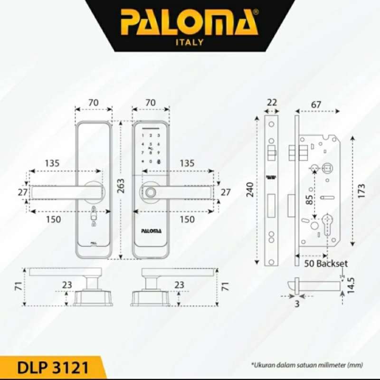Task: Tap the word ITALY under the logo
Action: coord(189,42)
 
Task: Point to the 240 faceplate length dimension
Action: coord(251,189)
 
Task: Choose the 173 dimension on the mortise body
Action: coord(361,189)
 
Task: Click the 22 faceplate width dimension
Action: coord(271,102)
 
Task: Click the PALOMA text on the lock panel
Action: coord(151,231)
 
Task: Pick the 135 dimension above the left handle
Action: coord(52,163)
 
